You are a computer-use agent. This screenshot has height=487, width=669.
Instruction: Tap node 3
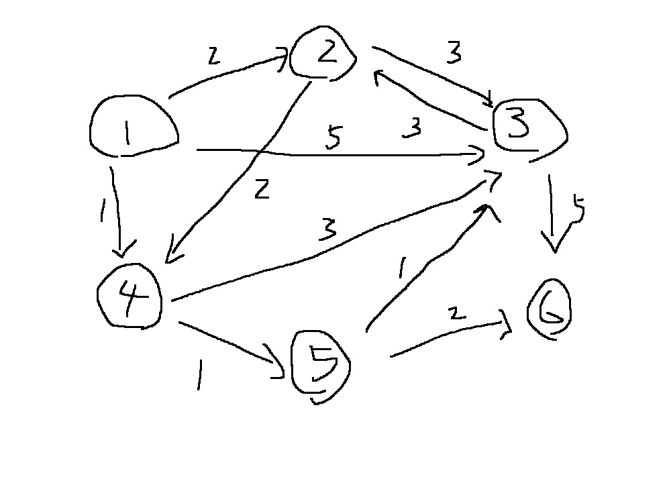click(528, 128)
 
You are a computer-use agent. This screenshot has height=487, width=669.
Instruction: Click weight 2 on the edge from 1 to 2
click(213, 58)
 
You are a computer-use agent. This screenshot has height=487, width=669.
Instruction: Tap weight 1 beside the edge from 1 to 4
click(103, 213)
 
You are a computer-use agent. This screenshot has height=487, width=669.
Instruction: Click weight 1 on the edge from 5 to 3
click(401, 269)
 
